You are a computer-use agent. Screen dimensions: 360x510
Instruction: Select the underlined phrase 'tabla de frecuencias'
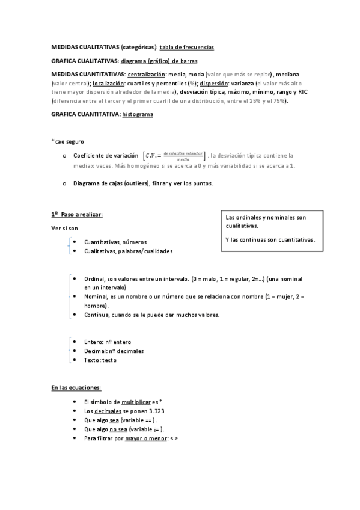[186, 47]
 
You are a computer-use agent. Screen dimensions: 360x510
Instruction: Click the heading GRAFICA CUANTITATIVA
[85, 114]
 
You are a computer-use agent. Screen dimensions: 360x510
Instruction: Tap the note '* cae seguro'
[68, 141]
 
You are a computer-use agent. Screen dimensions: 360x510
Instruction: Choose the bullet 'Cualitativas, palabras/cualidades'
[128, 251]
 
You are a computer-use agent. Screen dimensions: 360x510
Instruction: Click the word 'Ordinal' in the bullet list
[95, 279]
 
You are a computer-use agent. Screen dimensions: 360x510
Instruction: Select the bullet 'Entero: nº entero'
[108, 342]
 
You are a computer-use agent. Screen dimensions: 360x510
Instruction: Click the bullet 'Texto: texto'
[100, 360]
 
